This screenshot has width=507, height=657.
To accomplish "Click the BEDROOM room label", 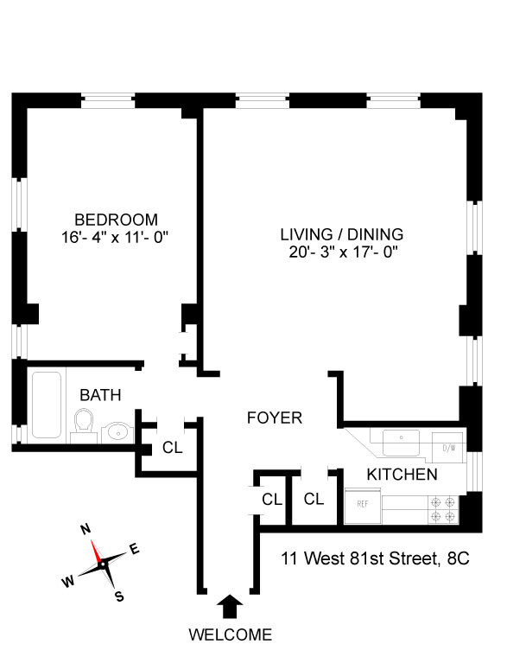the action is tap(116, 220).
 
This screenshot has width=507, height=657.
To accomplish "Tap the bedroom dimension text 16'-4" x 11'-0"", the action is tap(115, 238).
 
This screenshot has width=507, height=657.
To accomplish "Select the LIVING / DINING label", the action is tap(342, 234).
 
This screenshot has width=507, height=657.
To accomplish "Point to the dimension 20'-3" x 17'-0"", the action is tap(343, 252).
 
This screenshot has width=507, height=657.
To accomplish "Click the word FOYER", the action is tap(274, 418).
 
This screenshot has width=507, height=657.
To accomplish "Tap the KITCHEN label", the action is tap(402, 475).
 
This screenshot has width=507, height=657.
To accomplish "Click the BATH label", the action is tap(100, 395).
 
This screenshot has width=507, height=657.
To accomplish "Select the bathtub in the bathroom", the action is tap(47, 405).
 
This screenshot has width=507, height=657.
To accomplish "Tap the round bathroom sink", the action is tap(117, 431).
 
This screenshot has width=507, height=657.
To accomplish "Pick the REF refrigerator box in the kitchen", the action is tap(363, 506).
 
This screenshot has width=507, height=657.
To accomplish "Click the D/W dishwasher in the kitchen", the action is tap(449, 448).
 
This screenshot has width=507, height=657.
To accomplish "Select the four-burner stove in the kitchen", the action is tap(443, 509).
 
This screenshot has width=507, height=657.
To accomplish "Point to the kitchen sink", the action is tap(401, 443).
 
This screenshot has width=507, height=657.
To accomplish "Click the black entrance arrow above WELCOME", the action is tap(230, 606).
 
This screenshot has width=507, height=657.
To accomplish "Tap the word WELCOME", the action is tap(231, 635).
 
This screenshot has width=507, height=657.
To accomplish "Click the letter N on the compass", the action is tap(86, 530).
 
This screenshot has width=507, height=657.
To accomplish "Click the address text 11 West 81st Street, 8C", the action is tap(375, 558).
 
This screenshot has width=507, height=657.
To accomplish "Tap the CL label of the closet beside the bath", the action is tap(173, 448).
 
